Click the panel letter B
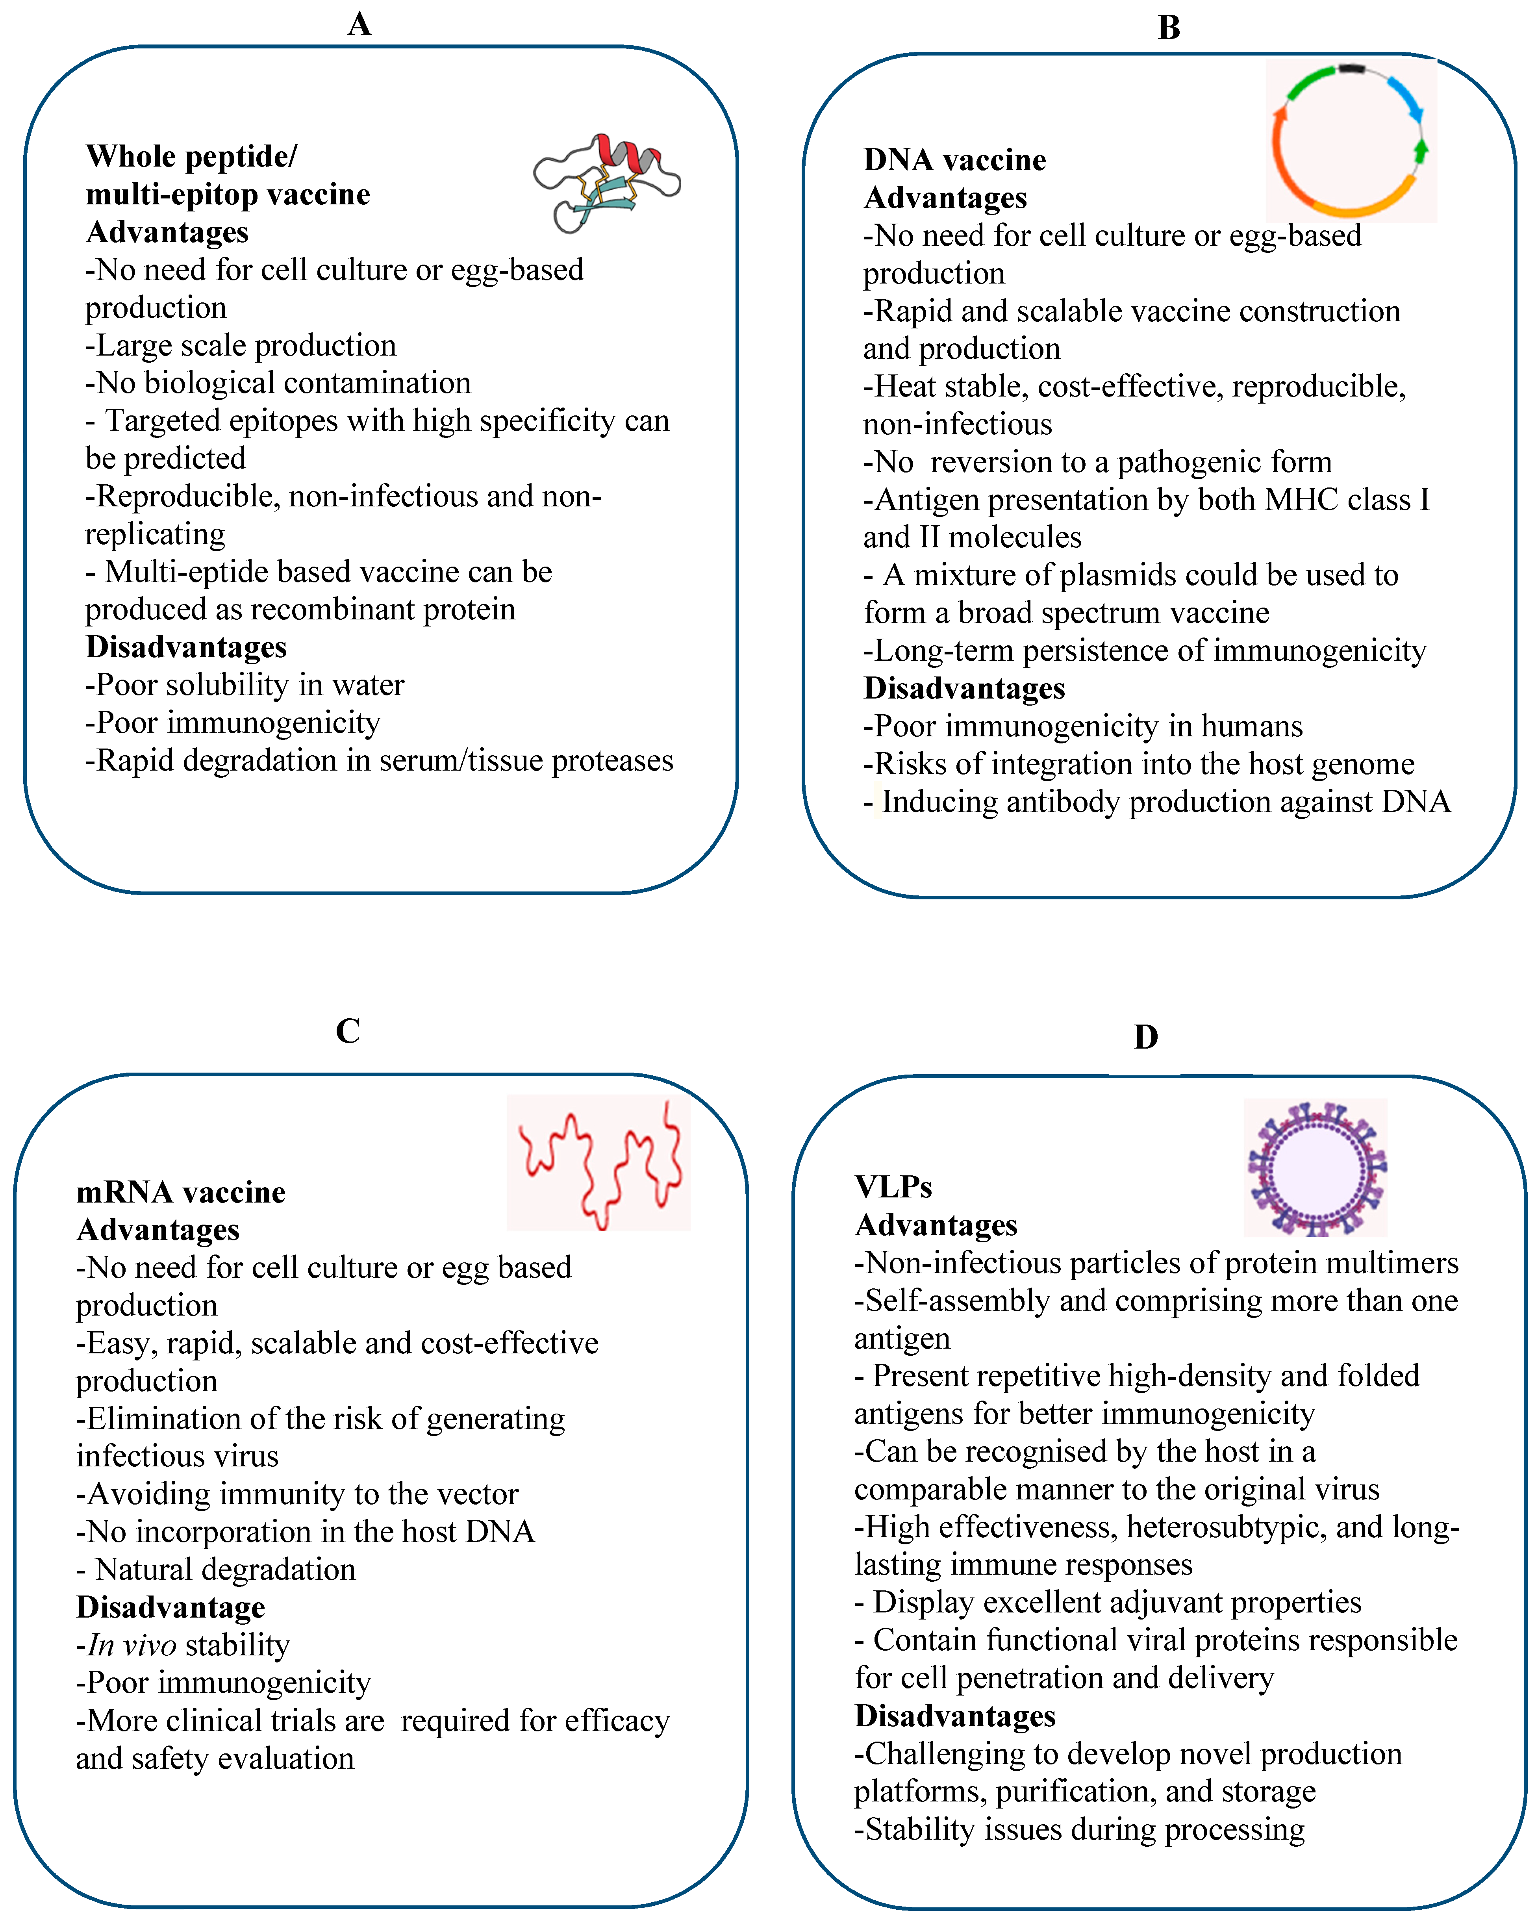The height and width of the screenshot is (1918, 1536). pos(1169,28)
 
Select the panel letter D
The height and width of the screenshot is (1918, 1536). pos(1145,1036)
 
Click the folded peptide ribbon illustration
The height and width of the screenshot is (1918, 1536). pos(607,182)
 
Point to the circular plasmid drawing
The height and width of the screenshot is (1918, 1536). pos(1350,141)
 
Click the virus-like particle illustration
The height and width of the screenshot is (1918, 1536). pos(1316,1167)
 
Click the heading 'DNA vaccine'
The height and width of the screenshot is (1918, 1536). pos(954,160)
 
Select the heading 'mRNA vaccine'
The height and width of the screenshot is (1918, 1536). pos(181,1192)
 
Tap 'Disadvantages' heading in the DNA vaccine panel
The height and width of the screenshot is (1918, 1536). pos(964,689)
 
